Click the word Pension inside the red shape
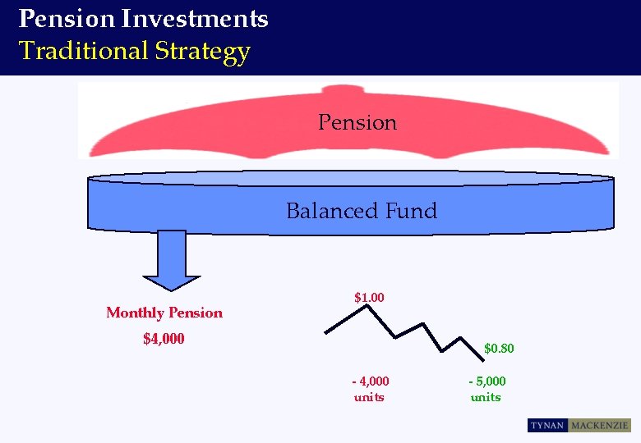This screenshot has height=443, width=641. (357, 123)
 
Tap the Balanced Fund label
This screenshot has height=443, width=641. (362, 211)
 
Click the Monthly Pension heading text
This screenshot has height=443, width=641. (164, 313)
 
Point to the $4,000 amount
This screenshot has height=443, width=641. (164, 339)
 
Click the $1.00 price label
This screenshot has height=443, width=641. (369, 297)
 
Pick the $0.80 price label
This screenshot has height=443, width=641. (499, 349)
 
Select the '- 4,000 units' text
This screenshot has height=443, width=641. (370, 389)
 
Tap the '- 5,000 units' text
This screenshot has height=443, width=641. (487, 389)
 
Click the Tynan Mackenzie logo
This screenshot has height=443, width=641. (579, 426)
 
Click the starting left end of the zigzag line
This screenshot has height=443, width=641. (326, 332)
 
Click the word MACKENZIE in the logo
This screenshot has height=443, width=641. (598, 426)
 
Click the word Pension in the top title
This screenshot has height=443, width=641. (60, 18)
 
